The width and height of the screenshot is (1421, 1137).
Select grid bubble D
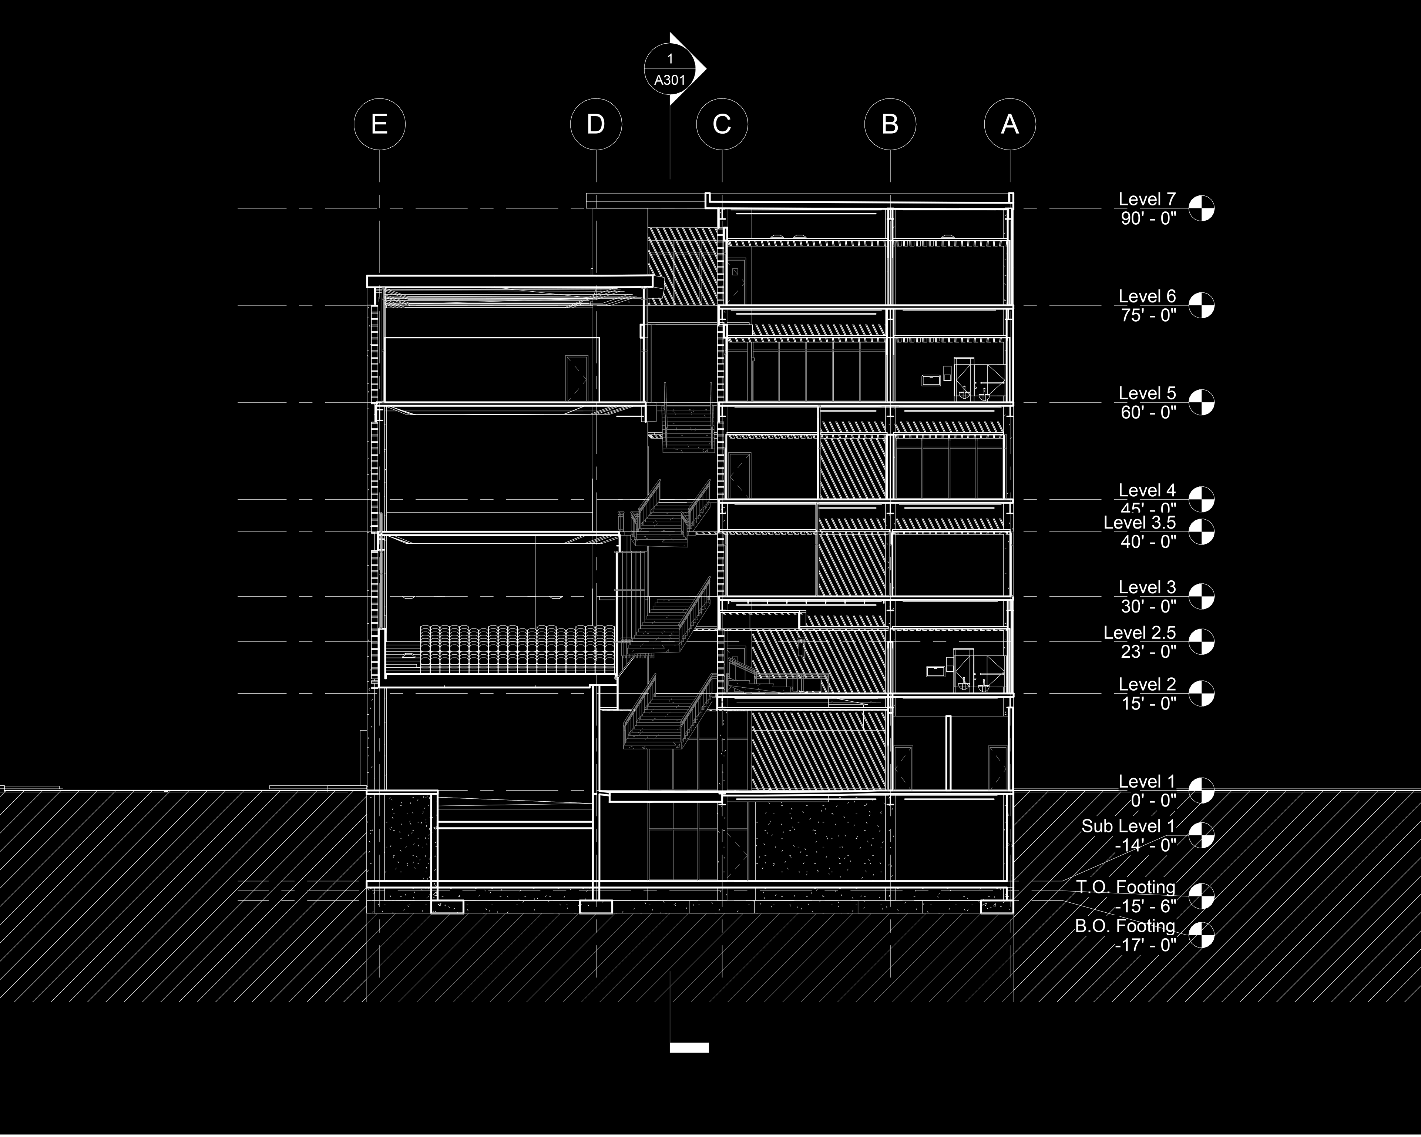point(596,124)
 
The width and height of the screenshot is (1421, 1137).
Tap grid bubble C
point(722,124)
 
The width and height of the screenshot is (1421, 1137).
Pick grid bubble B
point(890,124)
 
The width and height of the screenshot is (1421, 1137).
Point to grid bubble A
point(1010,124)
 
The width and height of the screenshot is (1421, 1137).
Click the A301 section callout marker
point(670,69)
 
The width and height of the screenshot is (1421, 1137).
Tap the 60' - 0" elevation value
point(1148,413)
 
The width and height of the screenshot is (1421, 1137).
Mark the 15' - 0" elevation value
point(1148,704)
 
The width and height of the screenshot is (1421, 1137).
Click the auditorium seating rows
point(517,649)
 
